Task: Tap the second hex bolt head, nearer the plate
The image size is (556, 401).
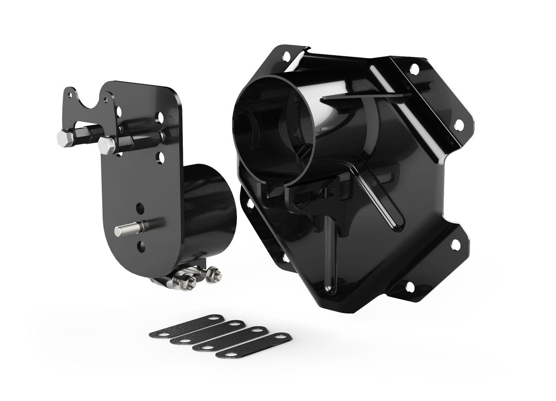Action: (105, 146)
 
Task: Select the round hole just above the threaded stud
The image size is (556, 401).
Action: (139, 209)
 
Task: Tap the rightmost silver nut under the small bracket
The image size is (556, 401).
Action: (212, 275)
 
